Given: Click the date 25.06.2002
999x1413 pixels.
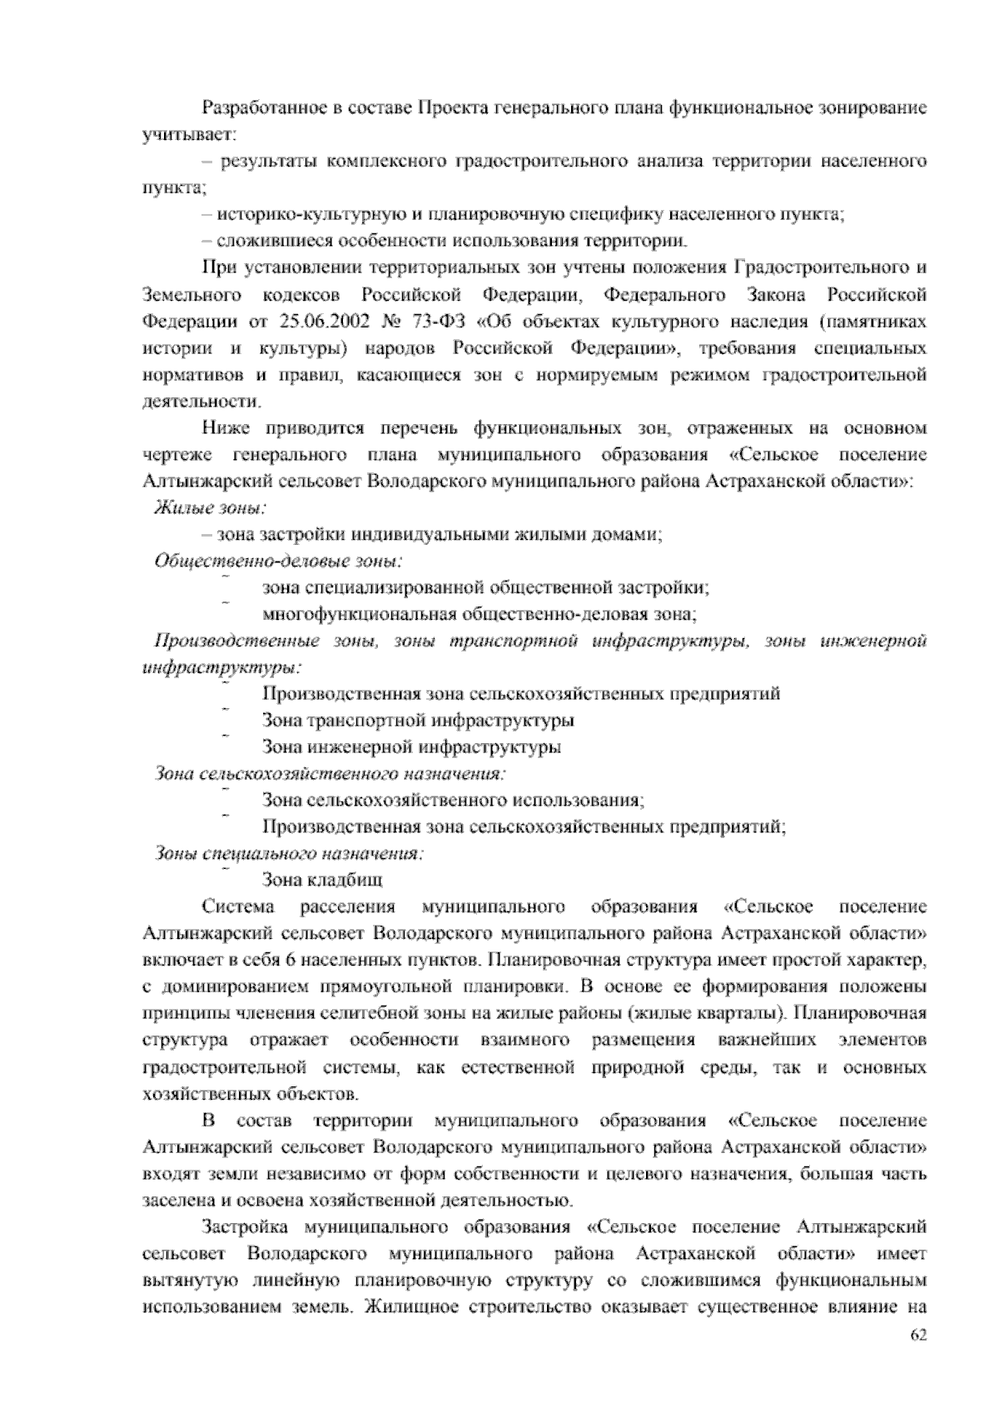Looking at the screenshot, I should [x=311, y=322].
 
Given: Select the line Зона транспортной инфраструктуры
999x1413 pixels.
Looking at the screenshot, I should [x=417, y=720].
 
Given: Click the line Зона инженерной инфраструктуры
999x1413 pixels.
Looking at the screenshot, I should [x=411, y=747].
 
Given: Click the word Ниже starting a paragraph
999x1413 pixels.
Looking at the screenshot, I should [x=225, y=428].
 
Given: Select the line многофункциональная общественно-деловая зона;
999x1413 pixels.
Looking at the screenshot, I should [x=480, y=615].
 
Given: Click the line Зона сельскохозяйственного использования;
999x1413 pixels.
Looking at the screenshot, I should [x=453, y=801].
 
